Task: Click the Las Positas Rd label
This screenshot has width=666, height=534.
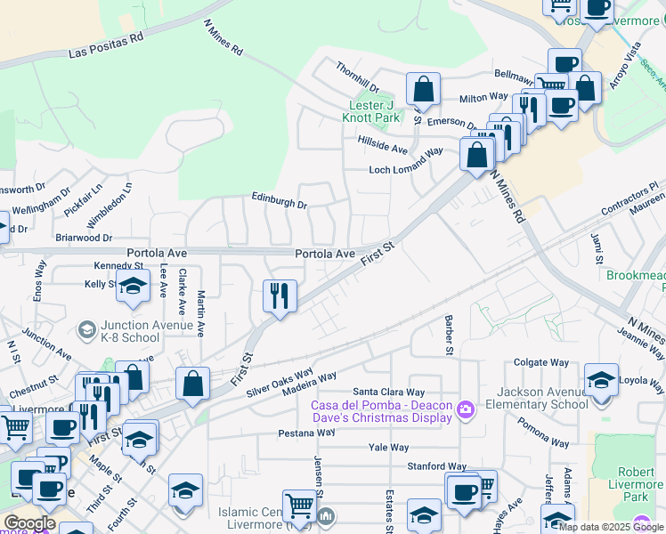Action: point(105,46)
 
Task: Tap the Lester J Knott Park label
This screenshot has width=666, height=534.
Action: point(372,110)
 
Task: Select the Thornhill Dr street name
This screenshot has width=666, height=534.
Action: point(357,77)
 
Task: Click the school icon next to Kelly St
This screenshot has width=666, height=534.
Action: point(133,286)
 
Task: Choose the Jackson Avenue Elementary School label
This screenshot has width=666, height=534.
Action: point(532,398)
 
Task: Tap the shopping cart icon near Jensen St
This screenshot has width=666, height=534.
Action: point(299,506)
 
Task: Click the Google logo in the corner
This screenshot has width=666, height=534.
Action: point(29,523)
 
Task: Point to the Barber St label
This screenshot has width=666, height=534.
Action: point(450,335)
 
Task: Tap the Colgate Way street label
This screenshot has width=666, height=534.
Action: point(540,363)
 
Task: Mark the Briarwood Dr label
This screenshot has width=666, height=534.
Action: point(83,238)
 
